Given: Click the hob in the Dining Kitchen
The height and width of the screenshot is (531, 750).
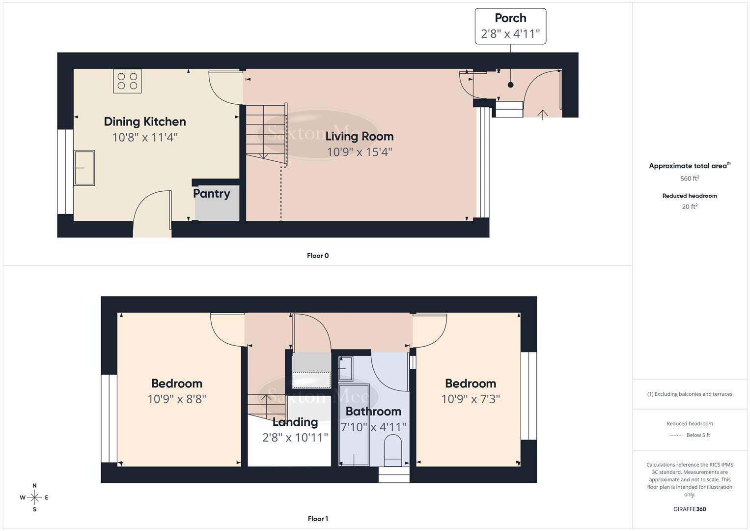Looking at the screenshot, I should (127, 81).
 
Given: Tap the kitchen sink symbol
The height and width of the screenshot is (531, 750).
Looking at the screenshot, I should (84, 168).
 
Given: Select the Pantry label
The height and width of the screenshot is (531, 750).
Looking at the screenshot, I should (211, 194).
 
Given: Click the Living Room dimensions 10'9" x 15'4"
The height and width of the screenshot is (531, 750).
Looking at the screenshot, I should (359, 152).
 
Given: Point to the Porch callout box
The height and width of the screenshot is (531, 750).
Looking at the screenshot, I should (510, 26).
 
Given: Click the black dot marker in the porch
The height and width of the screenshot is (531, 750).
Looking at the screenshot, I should (510, 85).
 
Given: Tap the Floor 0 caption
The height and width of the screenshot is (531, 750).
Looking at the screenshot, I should (318, 256).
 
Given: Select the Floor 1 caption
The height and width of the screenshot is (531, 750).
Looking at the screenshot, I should (318, 519).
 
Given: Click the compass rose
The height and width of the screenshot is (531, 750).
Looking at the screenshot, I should (34, 498).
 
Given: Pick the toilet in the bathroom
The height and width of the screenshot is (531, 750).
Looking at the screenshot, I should (392, 449).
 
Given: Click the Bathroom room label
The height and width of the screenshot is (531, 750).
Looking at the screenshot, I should (373, 412).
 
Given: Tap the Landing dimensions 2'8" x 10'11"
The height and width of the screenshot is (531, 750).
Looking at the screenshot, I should (295, 438).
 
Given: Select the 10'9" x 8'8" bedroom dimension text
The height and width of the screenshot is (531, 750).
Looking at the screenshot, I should (177, 399).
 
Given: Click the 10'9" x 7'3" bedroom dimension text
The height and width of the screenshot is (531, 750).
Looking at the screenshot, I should (471, 399).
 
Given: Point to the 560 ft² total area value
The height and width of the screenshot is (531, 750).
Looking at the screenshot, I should (690, 178).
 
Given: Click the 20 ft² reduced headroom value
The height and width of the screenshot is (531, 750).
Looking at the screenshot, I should (690, 206).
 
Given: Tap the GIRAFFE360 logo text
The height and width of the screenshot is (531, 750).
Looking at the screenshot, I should (690, 509).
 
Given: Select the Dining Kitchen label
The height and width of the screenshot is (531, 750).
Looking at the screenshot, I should (145, 122).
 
